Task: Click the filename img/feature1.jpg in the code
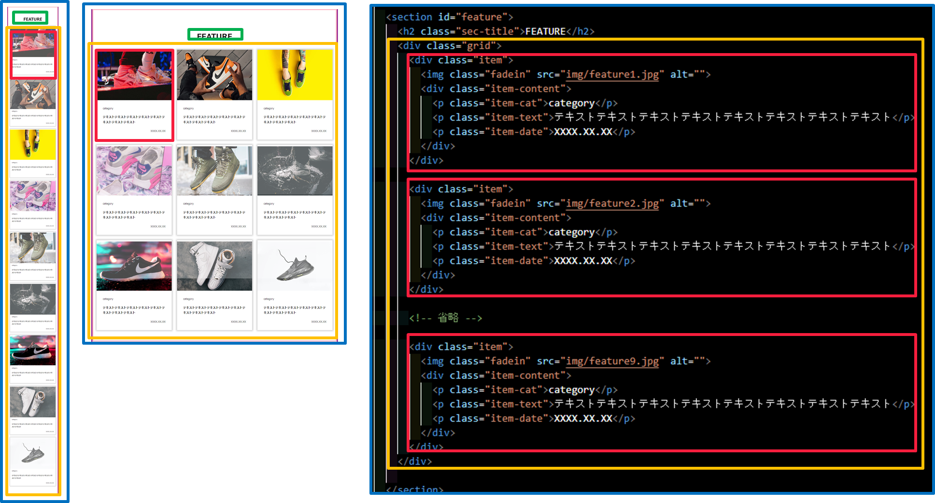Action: point(612,74)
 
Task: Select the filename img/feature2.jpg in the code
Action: point(612,203)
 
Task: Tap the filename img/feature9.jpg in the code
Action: point(612,361)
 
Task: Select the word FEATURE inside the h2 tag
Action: point(545,31)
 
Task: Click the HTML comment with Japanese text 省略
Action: point(445,318)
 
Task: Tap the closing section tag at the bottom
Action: point(414,489)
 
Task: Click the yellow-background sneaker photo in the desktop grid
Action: point(295,75)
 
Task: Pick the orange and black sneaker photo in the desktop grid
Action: point(214,75)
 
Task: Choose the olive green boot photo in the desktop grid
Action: point(214,171)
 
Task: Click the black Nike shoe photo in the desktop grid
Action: point(134,266)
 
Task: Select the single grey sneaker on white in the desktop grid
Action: point(295,266)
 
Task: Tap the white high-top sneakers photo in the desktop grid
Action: point(214,266)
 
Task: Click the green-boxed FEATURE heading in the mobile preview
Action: point(32,19)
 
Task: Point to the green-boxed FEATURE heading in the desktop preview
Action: point(215,35)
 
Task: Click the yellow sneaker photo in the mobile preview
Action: point(33,144)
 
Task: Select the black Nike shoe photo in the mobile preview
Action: point(33,350)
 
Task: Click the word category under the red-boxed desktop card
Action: point(108,109)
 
